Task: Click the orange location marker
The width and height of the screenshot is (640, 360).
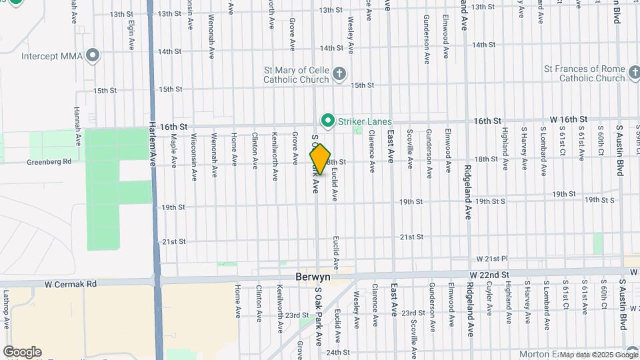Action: tap(320, 159)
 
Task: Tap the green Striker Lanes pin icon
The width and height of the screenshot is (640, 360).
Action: tap(327, 121)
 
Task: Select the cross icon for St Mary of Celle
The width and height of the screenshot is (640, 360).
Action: tap(339, 73)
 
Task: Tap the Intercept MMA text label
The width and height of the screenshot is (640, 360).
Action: tap(52, 56)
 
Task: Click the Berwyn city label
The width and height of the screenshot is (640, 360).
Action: tap(313, 275)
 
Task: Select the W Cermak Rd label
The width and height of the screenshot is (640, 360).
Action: tap(71, 283)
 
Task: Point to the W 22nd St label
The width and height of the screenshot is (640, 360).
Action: tap(489, 274)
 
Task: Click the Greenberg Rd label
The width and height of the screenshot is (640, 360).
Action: tap(49, 161)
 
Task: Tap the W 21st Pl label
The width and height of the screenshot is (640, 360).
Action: tap(492, 258)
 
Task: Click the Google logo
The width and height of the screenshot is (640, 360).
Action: tap(22, 352)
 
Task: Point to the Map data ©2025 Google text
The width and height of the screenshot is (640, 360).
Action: tap(598, 354)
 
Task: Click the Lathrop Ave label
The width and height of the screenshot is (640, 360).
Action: tap(5, 307)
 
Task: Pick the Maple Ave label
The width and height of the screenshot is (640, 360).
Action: tap(173, 151)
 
